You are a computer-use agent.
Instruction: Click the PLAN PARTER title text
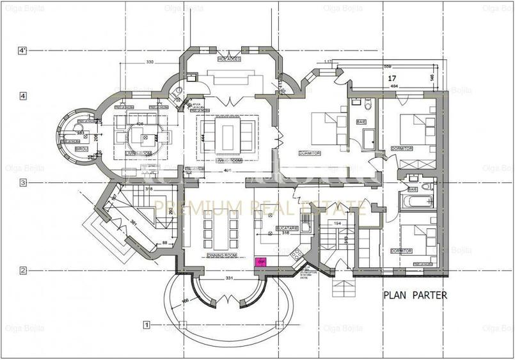(x=415, y=295)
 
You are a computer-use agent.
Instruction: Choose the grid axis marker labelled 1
(x=147, y=325)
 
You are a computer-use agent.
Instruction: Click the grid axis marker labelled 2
(x=23, y=270)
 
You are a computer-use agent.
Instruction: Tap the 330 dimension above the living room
(x=150, y=62)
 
